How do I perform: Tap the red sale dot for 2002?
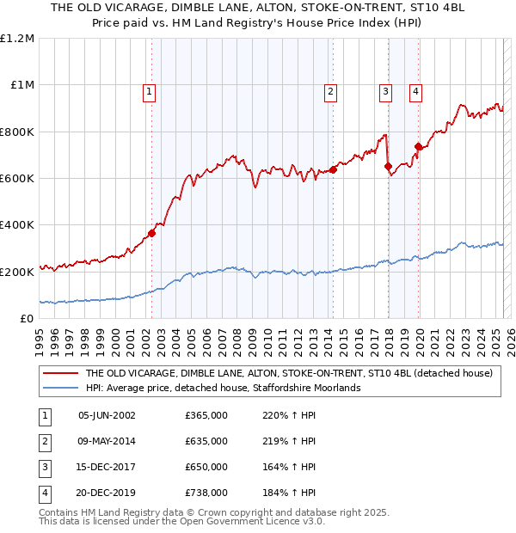coord(151,232)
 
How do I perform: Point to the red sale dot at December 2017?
coord(388,166)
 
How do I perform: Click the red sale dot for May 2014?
coord(333,169)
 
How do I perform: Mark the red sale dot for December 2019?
coord(418,146)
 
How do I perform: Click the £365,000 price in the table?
coord(206,415)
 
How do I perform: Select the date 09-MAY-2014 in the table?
coord(107,441)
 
